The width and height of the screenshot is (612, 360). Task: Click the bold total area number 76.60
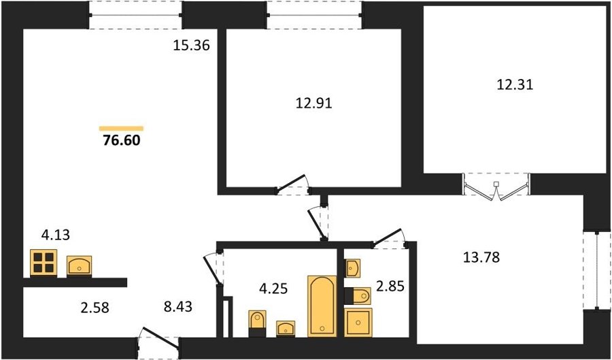122,141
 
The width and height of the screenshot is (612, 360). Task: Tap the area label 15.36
191,46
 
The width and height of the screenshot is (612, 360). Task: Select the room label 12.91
313,104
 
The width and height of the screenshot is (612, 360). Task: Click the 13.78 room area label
481,257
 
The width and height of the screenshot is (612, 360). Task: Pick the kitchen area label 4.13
56,236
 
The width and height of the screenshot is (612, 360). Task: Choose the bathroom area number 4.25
273,289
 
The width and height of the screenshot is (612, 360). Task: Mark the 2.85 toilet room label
389,287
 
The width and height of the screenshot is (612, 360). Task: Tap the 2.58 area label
94,308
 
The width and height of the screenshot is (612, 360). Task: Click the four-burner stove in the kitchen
44,263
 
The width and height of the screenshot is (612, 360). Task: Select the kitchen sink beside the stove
80,266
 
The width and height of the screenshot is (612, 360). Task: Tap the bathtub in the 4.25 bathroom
322,306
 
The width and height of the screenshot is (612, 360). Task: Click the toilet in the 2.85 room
358,296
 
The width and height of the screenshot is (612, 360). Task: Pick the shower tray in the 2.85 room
358,322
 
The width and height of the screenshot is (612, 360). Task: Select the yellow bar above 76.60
122,129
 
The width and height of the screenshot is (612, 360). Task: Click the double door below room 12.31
496,187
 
